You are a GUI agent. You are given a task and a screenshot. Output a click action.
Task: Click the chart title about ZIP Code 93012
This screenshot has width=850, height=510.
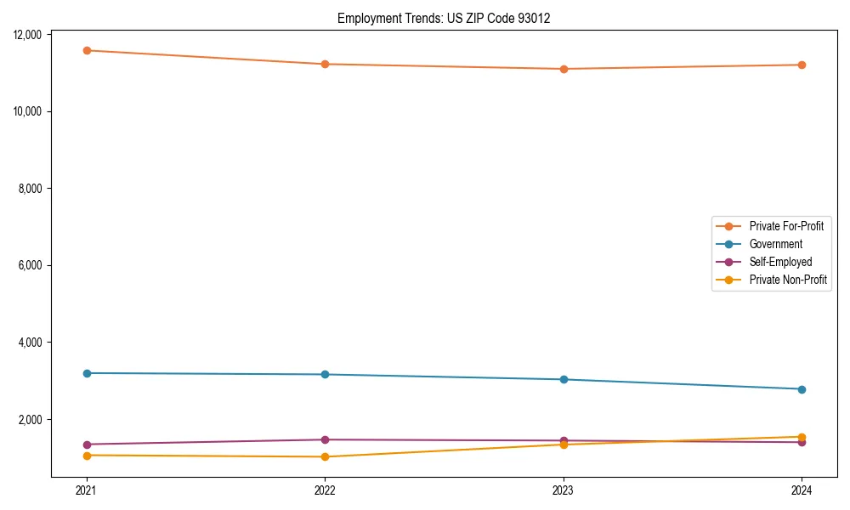click(444, 18)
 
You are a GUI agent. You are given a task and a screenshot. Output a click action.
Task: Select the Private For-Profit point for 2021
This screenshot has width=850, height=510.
click(87, 50)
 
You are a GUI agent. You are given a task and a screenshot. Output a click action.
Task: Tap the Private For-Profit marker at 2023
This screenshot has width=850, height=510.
click(564, 69)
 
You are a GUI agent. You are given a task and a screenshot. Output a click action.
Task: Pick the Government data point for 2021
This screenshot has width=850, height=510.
click(87, 373)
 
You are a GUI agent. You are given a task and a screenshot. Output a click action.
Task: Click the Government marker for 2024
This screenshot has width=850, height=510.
click(802, 389)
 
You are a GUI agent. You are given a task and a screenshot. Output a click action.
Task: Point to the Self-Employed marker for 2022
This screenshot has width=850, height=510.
click(325, 439)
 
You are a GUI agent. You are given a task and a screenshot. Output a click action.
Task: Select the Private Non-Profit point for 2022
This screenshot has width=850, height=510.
click(325, 456)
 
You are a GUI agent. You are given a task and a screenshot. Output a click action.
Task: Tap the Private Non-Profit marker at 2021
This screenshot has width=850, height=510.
click(87, 456)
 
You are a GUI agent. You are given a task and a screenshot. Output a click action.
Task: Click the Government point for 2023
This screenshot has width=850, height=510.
click(564, 379)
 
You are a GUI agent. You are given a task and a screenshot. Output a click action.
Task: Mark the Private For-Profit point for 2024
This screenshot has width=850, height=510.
click(802, 65)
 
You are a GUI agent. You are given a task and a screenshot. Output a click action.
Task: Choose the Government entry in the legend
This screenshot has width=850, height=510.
click(775, 244)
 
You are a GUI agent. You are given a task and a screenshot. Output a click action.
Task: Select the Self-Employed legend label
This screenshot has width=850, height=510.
click(780, 262)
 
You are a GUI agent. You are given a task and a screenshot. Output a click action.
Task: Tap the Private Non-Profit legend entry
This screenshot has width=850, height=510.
click(788, 280)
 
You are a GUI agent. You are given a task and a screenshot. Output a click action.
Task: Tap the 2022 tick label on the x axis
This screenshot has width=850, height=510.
click(325, 490)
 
